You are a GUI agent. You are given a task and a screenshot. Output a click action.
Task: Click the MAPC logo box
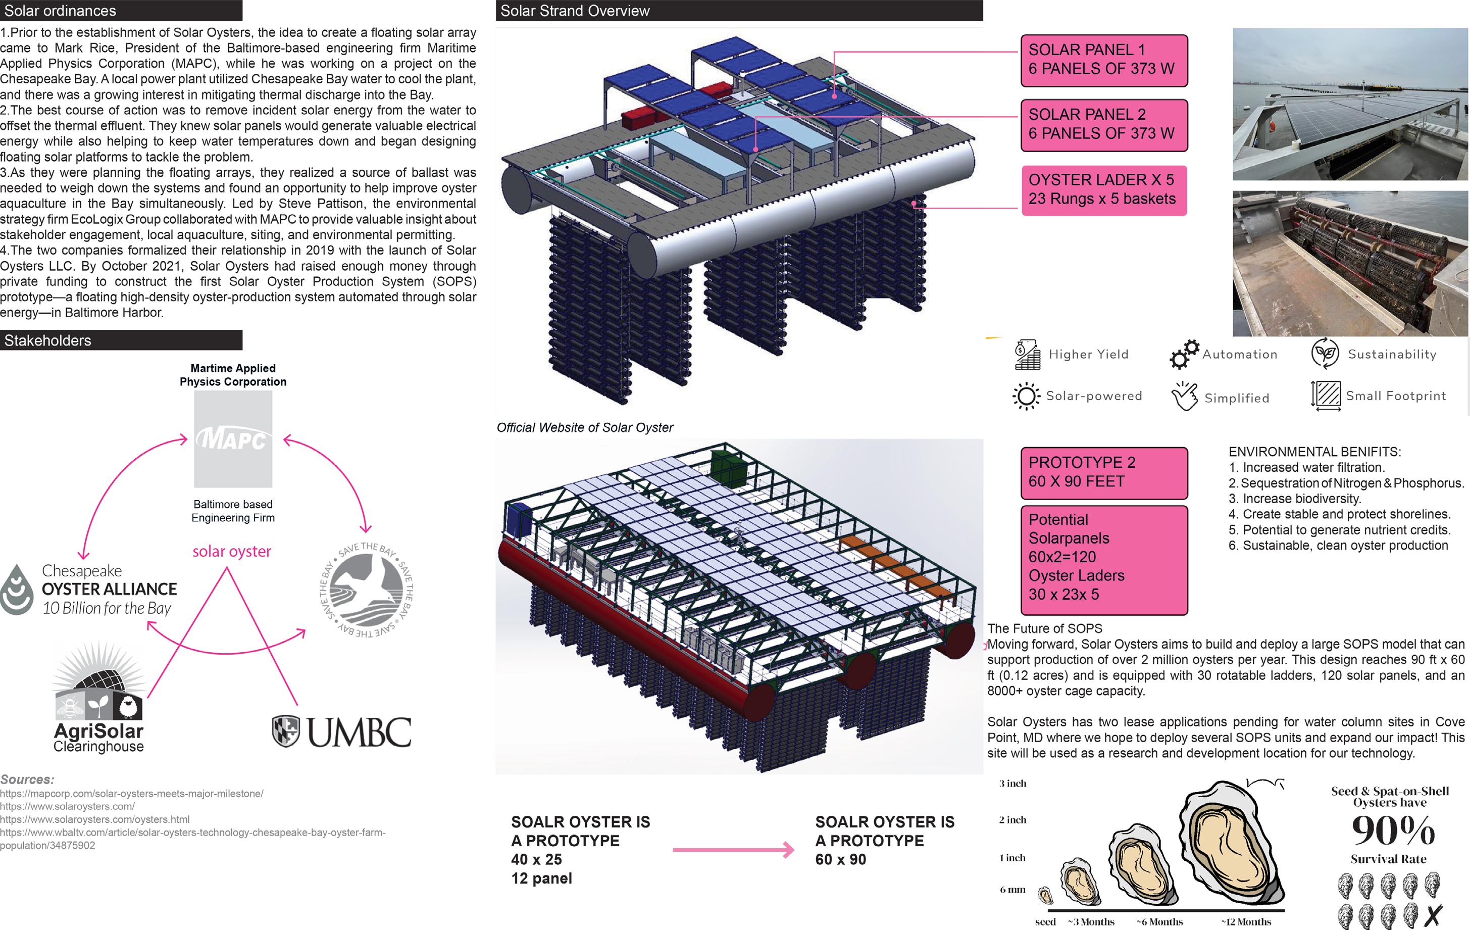pyautogui.click(x=233, y=439)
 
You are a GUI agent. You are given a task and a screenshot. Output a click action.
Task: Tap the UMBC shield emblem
pyautogui.click(x=285, y=731)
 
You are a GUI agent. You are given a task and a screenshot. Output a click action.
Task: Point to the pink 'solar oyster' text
pyautogui.click(x=231, y=552)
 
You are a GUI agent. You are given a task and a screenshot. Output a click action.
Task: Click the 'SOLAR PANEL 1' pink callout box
pyautogui.click(x=1104, y=60)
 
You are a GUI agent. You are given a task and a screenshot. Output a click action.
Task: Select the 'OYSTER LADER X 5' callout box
pyautogui.click(x=1104, y=190)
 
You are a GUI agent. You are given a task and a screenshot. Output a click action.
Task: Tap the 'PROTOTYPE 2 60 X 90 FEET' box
pyautogui.click(x=1104, y=472)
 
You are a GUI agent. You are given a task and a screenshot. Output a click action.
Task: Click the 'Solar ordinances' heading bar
pyautogui.click(x=121, y=11)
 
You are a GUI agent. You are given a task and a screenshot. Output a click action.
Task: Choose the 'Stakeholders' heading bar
pyautogui.click(x=121, y=340)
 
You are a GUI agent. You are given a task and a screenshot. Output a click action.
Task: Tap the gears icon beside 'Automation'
pyautogui.click(x=1184, y=354)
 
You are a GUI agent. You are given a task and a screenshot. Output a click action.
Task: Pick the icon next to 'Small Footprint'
pyautogui.click(x=1325, y=395)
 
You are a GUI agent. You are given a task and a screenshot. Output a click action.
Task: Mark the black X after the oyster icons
pyautogui.click(x=1433, y=915)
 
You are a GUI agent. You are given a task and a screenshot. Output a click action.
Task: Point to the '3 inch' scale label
pyautogui.click(x=1013, y=784)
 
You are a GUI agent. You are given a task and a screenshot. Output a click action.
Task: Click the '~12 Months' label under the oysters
pyautogui.click(x=1245, y=922)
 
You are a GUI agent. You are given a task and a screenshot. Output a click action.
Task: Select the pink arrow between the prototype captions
pyautogui.click(x=733, y=849)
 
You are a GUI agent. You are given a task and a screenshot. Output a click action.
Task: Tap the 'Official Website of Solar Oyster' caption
pyautogui.click(x=584, y=427)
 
